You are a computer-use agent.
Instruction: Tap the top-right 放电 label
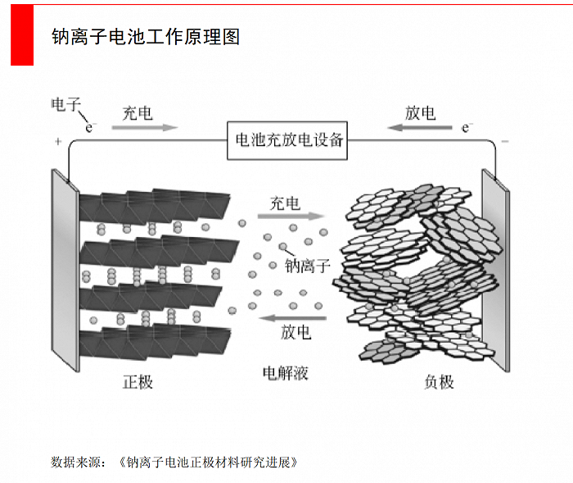pos(420,113)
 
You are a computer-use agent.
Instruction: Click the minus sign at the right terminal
pos(504,142)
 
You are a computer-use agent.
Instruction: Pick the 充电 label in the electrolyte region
pos(285,203)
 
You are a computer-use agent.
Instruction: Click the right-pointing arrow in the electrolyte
pos(291,218)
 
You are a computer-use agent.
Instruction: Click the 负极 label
pos(439,381)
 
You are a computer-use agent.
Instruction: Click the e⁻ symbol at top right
pos(467,127)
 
